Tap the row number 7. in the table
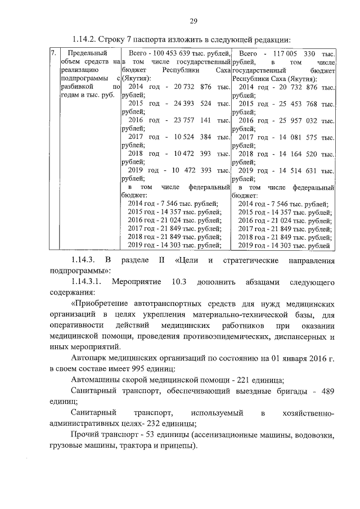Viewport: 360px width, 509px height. coord(53,52)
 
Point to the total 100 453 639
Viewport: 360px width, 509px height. coord(166,52)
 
